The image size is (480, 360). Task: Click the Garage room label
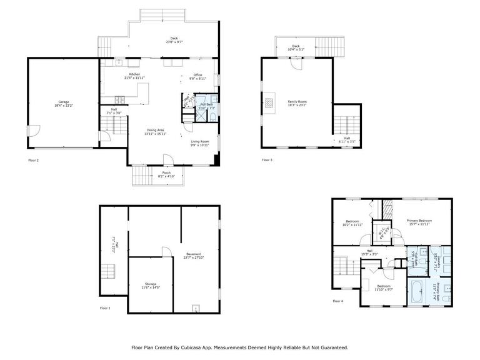[63, 102]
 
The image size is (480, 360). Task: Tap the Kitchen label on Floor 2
[134, 74]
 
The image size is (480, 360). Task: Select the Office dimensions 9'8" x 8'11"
[197, 79]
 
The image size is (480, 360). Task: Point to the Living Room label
[199, 142]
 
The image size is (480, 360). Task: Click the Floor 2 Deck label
[174, 38]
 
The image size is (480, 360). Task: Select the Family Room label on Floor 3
[297, 101]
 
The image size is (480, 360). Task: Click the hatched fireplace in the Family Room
[269, 102]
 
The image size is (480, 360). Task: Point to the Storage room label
[151, 283]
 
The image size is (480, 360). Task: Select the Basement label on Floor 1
[194, 254]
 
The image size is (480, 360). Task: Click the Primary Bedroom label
[419, 221]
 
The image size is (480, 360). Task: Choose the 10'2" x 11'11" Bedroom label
[352, 222]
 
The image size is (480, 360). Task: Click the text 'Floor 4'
[337, 301]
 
